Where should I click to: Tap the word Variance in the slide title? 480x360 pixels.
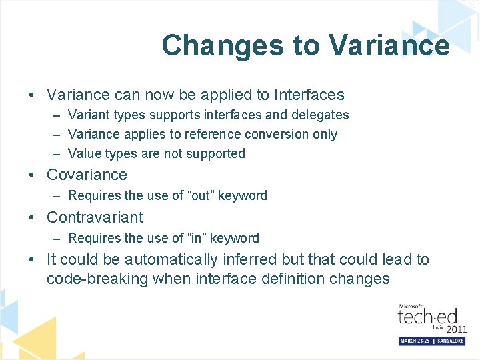(389, 45)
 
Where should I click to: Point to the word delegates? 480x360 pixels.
(318, 115)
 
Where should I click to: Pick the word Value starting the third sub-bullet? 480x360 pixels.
(85, 153)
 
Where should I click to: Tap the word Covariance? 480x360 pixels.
(87, 175)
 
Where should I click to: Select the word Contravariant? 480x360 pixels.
(95, 217)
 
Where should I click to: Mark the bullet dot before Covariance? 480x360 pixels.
(33, 175)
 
